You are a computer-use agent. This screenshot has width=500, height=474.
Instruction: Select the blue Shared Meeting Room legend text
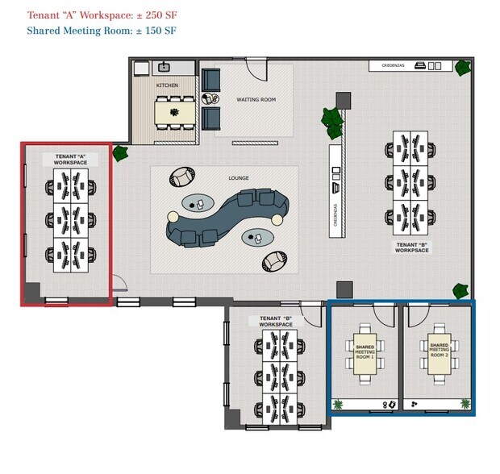101,31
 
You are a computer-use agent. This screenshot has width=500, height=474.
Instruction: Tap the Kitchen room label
167,85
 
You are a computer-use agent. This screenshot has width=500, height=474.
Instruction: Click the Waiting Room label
256,100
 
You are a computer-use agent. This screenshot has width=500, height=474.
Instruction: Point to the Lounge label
239,177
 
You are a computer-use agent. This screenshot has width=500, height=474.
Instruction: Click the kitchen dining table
176,113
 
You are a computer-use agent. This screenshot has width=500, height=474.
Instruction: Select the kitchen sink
165,68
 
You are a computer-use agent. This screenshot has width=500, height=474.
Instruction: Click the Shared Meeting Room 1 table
365,351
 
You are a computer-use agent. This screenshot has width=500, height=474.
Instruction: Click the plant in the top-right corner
462,68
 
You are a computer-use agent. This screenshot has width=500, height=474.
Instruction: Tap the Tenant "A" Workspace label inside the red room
71,159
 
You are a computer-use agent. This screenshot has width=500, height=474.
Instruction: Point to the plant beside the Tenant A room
121,153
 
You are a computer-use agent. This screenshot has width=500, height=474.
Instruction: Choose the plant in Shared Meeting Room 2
465,403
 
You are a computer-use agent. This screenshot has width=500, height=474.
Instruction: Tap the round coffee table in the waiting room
210,99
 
